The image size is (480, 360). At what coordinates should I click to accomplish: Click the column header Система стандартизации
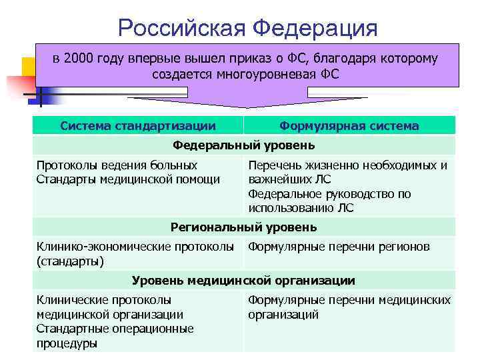pos(138,125)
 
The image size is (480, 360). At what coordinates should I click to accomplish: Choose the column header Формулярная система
pos(349,125)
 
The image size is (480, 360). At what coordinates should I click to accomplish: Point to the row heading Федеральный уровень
pos(244,145)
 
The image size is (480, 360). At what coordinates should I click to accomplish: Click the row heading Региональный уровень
pos(244,227)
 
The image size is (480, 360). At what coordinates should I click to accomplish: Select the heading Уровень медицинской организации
pos(244,281)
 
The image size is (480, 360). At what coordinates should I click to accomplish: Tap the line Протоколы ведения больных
pos(117,165)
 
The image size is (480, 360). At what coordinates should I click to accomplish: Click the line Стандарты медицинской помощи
pos(128,179)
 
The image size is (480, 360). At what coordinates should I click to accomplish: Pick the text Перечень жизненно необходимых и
pos(347,165)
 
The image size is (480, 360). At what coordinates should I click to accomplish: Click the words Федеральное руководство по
pos(329,194)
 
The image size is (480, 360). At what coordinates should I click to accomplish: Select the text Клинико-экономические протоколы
pos(135,247)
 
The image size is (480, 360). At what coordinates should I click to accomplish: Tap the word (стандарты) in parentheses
pos(70,261)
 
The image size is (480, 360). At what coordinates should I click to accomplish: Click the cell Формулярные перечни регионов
pos(339,247)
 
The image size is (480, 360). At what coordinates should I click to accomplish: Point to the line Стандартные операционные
pos(115,329)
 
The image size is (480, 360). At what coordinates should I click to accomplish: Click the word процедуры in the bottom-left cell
pos(67,343)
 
